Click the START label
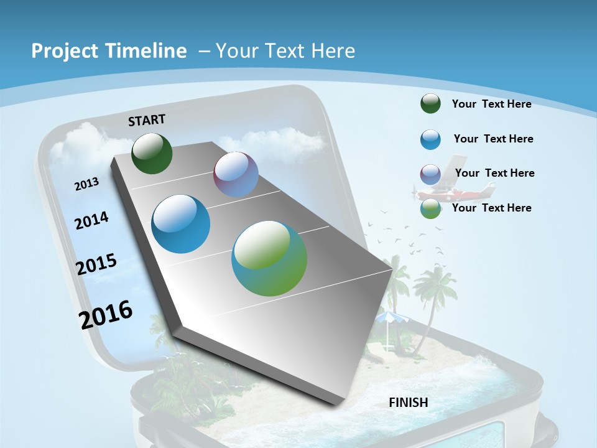147,120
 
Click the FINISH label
409,403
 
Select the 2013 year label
86,184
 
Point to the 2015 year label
96,264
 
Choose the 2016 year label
106,315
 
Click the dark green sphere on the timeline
152,153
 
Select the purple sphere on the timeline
236,174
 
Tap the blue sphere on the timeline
180,224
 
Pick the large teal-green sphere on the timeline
269,258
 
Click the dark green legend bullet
430,103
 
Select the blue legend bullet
430,139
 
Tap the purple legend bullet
430,174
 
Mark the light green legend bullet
430,208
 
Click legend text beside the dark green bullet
491,104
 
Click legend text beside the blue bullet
493,139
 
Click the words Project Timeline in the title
109,51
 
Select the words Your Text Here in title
285,51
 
